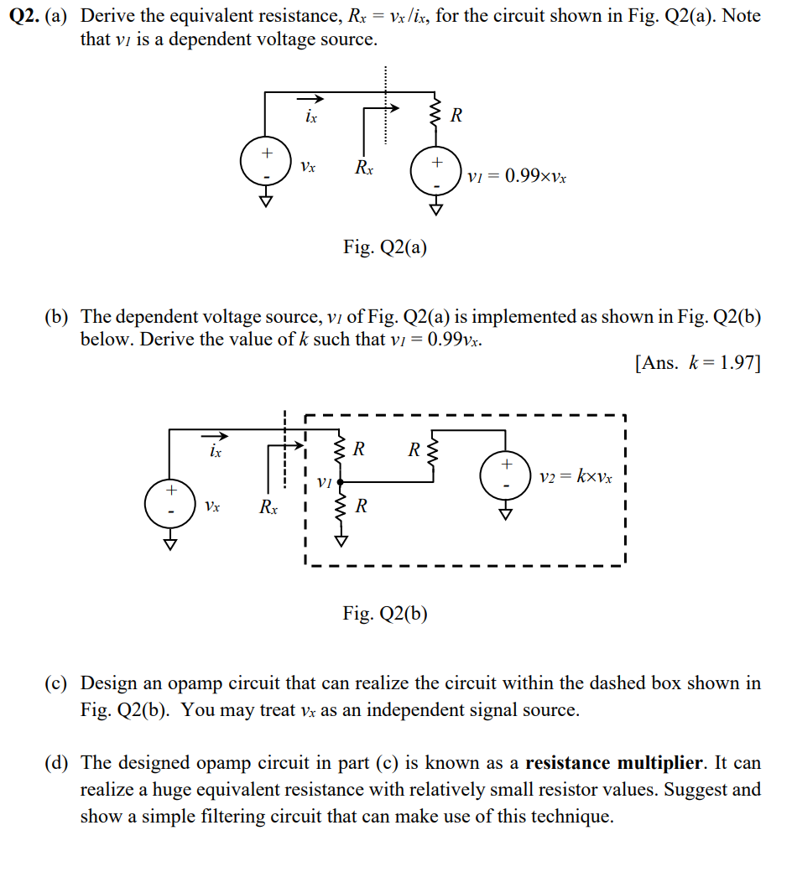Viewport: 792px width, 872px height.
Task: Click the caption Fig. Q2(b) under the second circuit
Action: (x=385, y=613)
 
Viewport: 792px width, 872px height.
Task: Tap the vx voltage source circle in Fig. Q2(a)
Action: (x=265, y=162)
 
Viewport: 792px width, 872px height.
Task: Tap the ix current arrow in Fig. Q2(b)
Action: (x=215, y=435)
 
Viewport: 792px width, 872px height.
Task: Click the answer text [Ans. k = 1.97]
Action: (x=698, y=363)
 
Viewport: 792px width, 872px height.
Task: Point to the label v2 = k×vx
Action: (x=576, y=477)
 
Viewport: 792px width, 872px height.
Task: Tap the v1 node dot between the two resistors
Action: (x=340, y=481)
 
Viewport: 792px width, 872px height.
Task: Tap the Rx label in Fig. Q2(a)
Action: (x=363, y=167)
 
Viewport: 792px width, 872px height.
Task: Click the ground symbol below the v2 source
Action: (x=505, y=515)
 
